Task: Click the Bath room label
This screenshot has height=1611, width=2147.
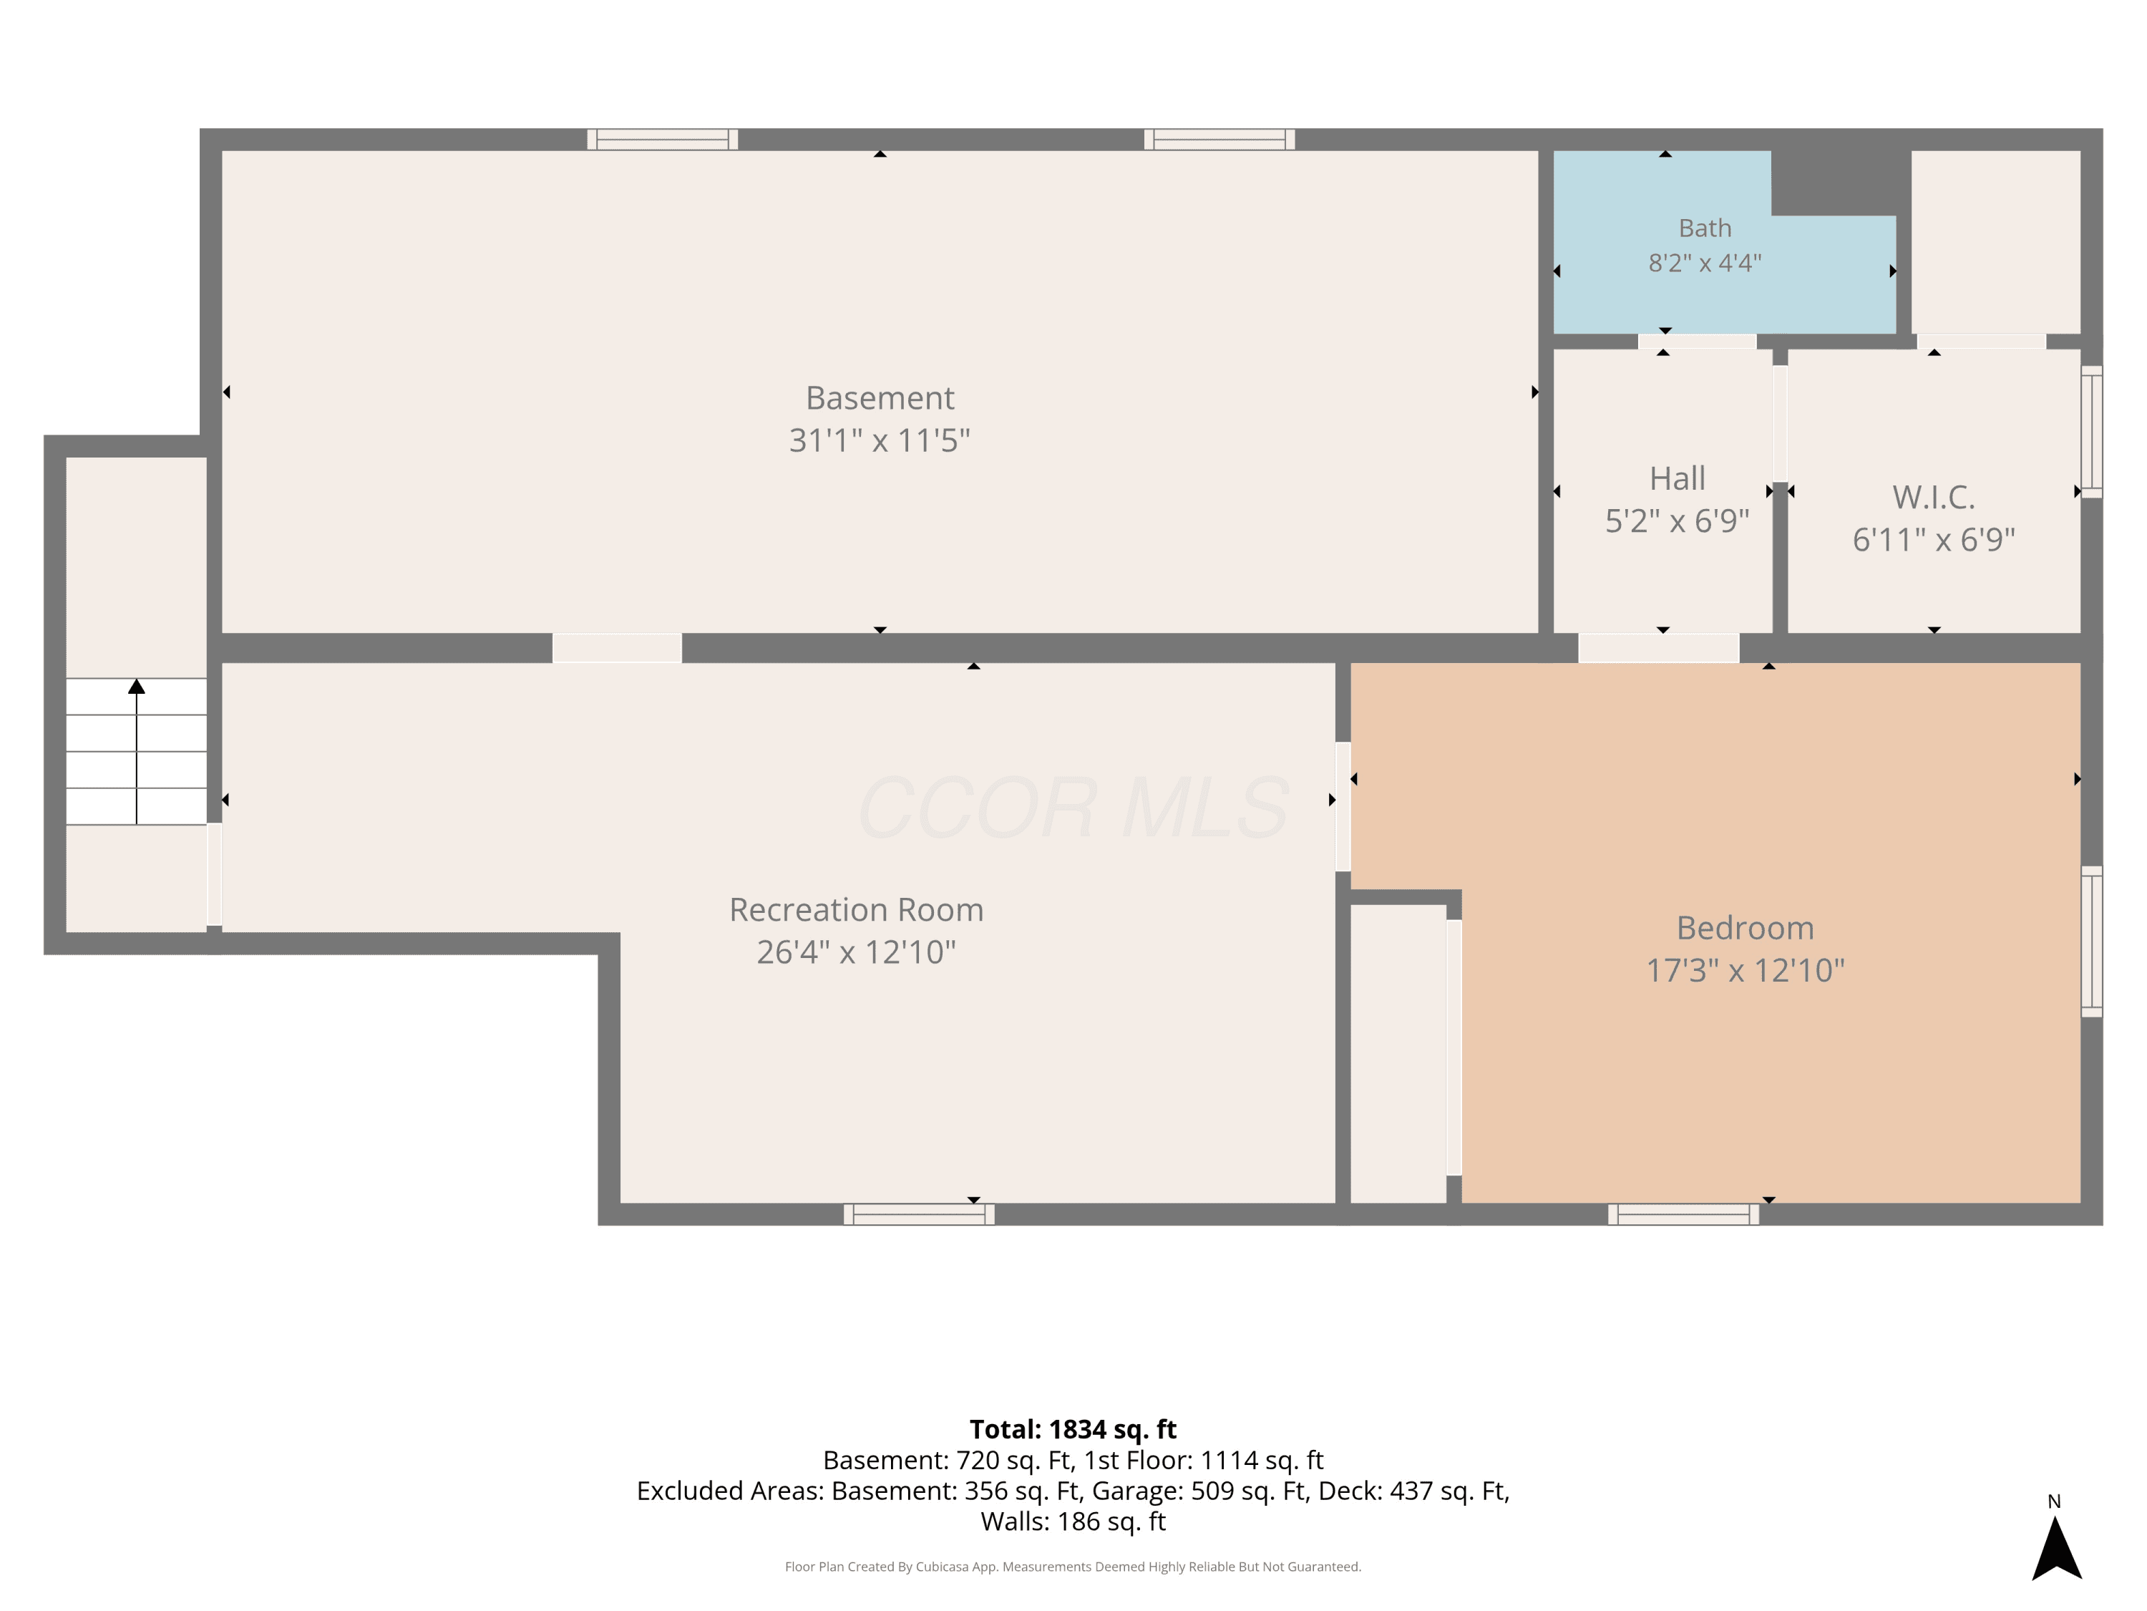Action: click(x=1705, y=228)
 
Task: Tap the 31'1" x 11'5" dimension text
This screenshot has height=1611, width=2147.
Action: click(x=880, y=441)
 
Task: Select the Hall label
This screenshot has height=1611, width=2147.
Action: click(x=1678, y=479)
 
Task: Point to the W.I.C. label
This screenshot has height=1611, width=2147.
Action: click(x=1934, y=497)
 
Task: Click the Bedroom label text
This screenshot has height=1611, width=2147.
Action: click(x=1746, y=929)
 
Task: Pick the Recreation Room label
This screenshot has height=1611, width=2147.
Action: click(x=856, y=910)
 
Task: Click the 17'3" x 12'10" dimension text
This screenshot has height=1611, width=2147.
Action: click(x=1746, y=970)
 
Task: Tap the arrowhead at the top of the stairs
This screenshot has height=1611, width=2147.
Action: click(x=137, y=687)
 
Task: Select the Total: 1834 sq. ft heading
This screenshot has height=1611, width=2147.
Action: click(x=1073, y=1429)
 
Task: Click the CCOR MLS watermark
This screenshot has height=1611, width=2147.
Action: click(x=1073, y=808)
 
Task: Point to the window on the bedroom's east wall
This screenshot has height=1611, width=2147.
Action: click(x=2092, y=941)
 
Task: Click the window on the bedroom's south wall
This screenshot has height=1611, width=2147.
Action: click(x=1683, y=1214)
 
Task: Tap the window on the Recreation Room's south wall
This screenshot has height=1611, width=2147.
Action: click(x=919, y=1214)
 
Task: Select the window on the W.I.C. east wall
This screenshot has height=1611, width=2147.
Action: click(x=2092, y=432)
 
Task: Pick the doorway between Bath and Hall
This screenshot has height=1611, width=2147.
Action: click(x=1697, y=341)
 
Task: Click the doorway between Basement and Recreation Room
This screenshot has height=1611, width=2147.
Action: click(x=618, y=648)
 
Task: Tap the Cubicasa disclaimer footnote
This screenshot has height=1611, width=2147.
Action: click(x=1073, y=1567)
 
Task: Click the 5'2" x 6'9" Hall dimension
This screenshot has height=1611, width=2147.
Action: click(x=1678, y=521)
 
